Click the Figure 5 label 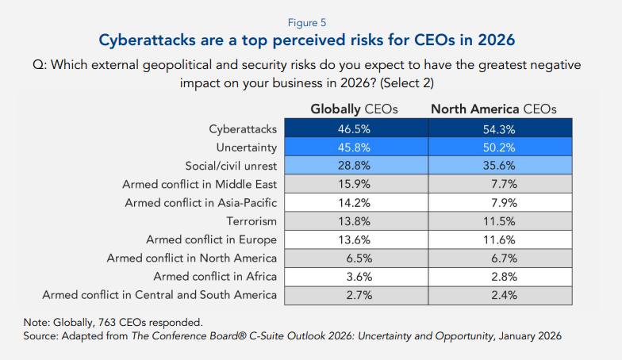coord(311,22)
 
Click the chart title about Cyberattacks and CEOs coord(310,40)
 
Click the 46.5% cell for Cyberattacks coord(354,128)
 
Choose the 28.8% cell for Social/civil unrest coord(354,165)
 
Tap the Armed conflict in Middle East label coord(199,184)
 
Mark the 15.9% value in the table coord(354,184)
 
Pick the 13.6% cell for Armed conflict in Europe coord(354,239)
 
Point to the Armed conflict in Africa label coord(216,276)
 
